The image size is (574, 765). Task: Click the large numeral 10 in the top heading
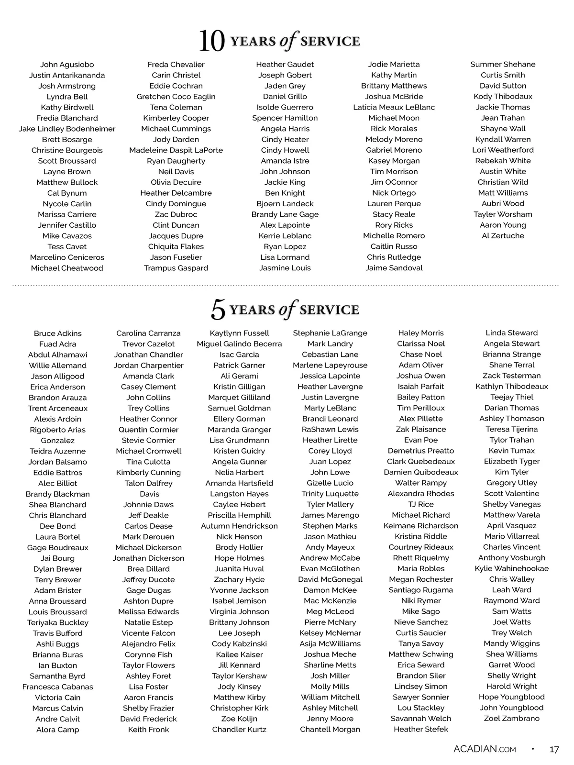point(211,42)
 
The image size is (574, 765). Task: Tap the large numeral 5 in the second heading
point(218,310)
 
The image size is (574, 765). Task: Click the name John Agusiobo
point(67,65)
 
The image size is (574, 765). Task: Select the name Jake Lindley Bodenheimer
point(67,129)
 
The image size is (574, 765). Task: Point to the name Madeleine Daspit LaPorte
point(176,150)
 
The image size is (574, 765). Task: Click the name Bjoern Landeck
point(285,204)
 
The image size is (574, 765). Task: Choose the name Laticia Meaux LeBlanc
point(394,107)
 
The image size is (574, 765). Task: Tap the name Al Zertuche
point(503,236)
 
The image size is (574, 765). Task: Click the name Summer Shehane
point(503,64)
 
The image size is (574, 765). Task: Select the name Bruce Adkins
point(58,333)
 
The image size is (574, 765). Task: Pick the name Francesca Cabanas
point(58,687)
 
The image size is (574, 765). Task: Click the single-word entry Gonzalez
point(58,441)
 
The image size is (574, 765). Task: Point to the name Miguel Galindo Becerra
point(239,344)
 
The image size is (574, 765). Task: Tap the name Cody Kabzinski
point(239,644)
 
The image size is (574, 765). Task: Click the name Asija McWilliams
point(330,644)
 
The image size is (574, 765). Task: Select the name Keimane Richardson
point(421,526)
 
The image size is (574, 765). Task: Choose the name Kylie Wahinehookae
point(512,569)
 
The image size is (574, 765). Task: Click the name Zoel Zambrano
point(512,719)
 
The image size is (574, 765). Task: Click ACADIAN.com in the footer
point(485,749)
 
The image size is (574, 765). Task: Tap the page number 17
point(554,750)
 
